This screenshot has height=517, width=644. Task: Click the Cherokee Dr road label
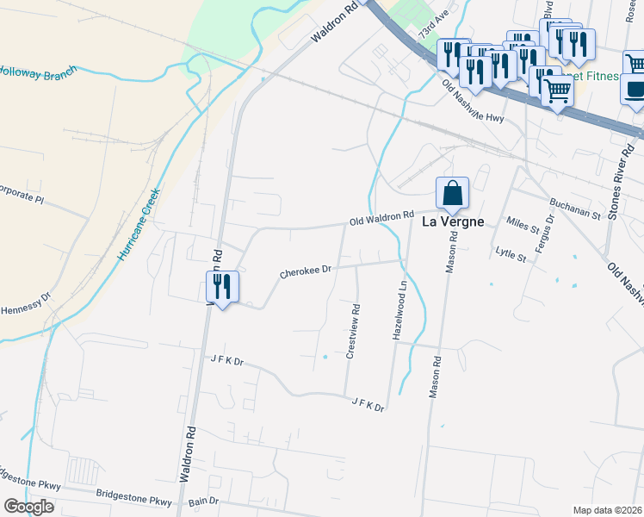pyautogui.click(x=305, y=273)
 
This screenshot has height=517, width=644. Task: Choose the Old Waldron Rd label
pyautogui.click(x=381, y=220)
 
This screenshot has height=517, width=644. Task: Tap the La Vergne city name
pyautogui.click(x=451, y=221)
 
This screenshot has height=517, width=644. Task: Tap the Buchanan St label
pyautogui.click(x=575, y=209)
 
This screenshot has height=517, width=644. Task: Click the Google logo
pyautogui.click(x=28, y=506)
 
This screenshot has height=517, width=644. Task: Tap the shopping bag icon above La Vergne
pyautogui.click(x=452, y=194)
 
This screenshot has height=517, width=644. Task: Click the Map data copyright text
pyautogui.click(x=607, y=510)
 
